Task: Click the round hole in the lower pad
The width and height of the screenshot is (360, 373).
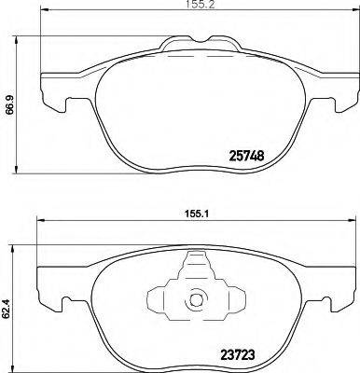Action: (196, 301)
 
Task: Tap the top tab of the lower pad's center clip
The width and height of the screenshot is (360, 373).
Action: (196, 271)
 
